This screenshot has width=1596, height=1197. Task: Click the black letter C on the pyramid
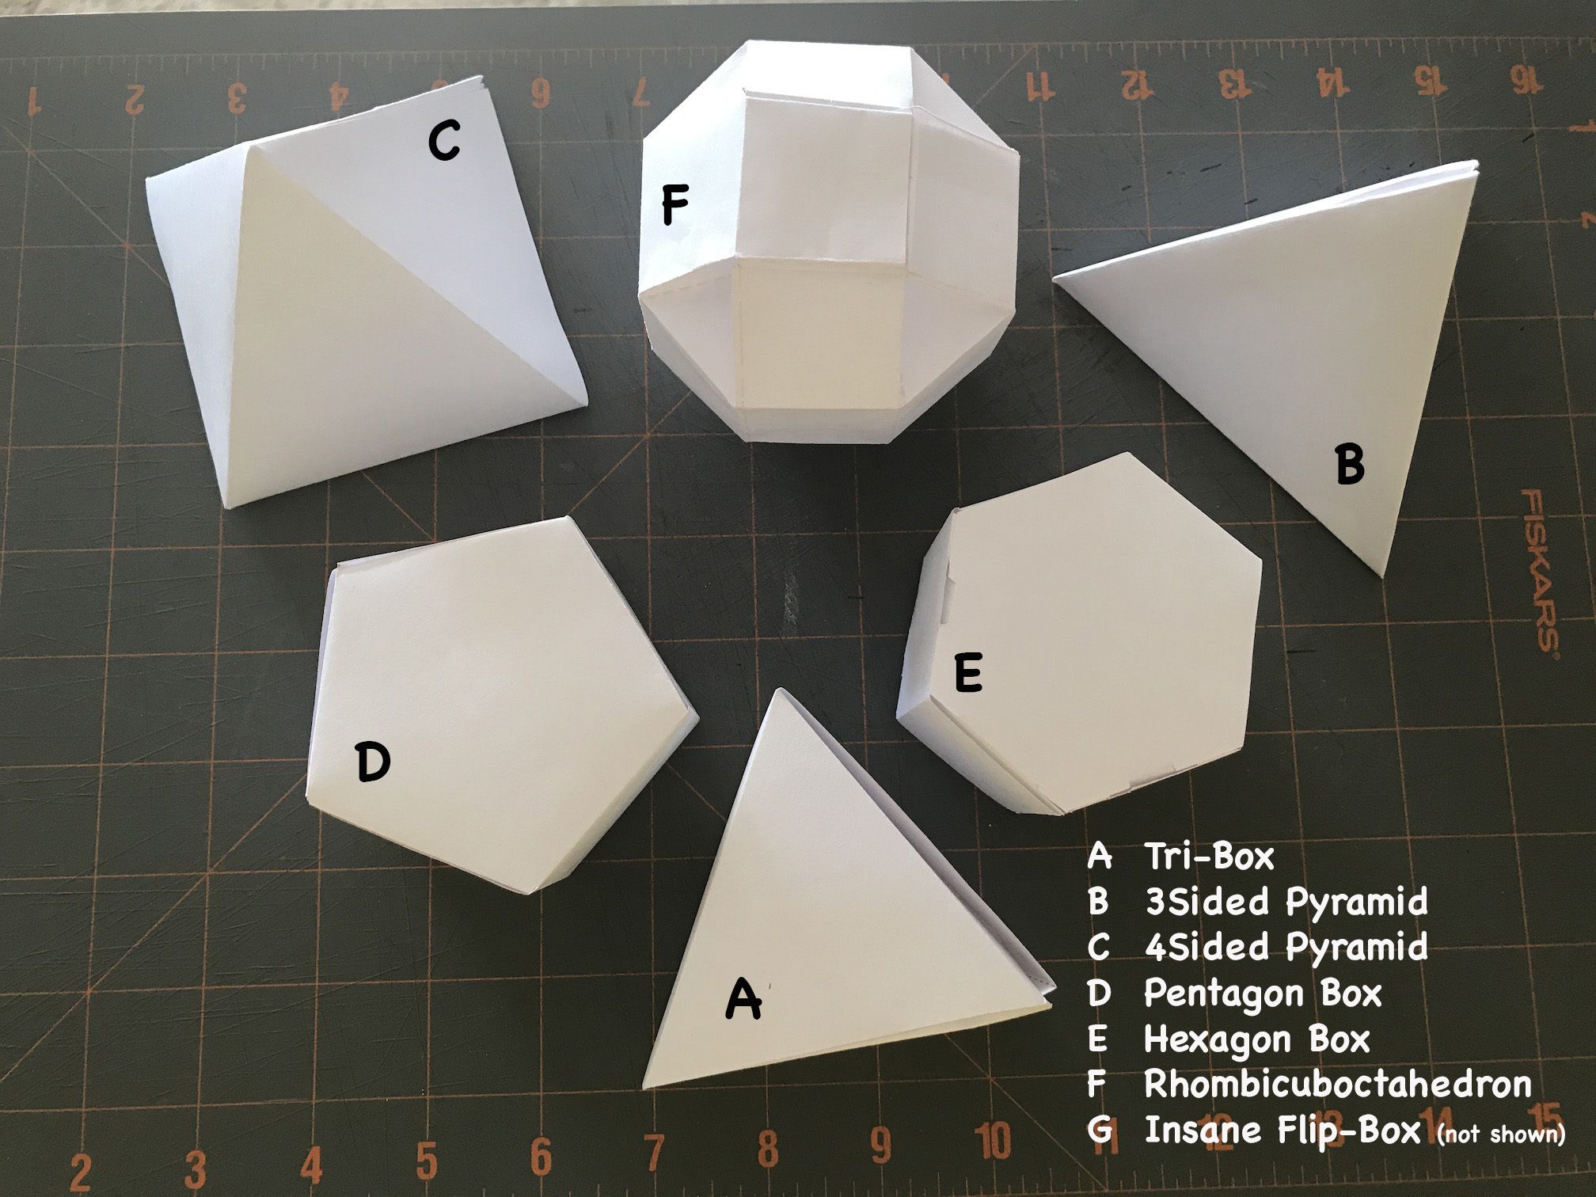(x=444, y=142)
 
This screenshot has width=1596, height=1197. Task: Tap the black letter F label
(x=674, y=204)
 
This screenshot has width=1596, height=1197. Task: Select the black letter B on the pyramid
(x=1350, y=465)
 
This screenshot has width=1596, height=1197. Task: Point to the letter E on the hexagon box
(x=968, y=674)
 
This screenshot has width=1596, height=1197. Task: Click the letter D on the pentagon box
(x=373, y=762)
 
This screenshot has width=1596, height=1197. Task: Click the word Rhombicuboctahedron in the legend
(x=1337, y=1084)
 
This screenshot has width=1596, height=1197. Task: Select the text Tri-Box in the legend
(x=1209, y=856)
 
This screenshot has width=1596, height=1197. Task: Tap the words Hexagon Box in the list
(x=1256, y=1038)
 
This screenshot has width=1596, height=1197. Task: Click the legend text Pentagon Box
(x=1263, y=993)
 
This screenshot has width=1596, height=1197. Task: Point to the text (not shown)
(x=1500, y=1134)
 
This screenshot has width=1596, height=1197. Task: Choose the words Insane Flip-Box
(x=1282, y=1130)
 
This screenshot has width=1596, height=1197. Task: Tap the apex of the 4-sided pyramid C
(x=252, y=145)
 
